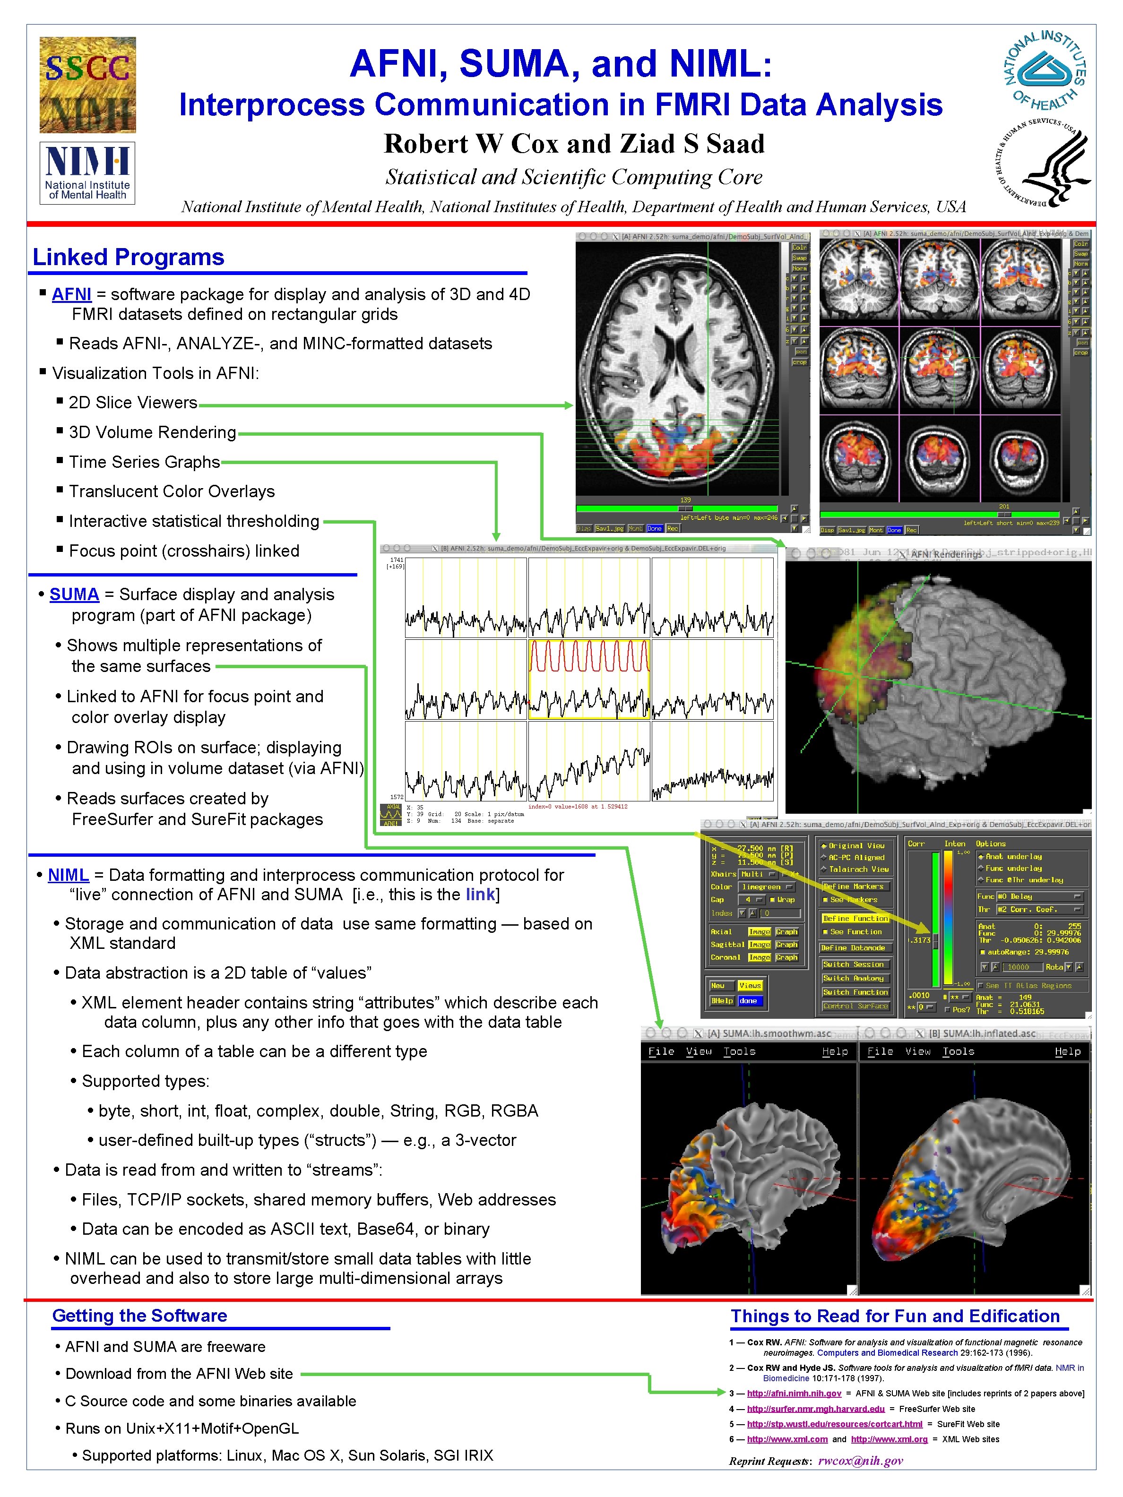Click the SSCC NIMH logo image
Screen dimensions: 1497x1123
click(87, 85)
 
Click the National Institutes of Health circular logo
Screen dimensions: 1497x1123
click(1045, 70)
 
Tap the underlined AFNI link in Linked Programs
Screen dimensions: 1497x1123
click(71, 294)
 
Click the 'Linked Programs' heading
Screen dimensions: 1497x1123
click(128, 257)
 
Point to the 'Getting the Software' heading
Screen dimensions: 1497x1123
click(139, 1316)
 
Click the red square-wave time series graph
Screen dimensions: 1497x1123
click(589, 656)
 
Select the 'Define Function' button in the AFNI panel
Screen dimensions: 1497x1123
click(855, 918)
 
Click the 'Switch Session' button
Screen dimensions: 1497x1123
click(853, 964)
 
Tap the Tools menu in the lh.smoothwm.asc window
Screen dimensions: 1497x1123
click(739, 1052)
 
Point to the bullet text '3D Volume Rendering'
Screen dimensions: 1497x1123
click(152, 432)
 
